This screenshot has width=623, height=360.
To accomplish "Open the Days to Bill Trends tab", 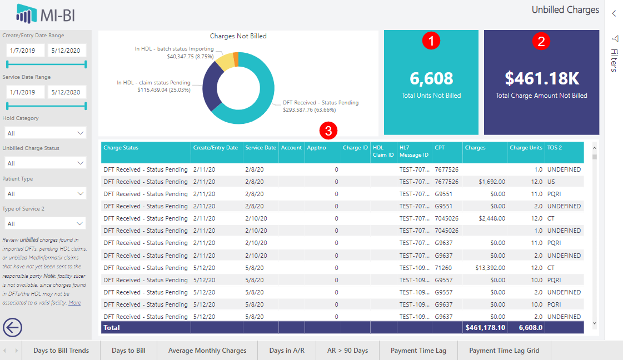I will pyautogui.click(x=61, y=351).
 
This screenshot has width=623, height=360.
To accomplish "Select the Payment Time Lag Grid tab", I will pyautogui.click(x=504, y=351).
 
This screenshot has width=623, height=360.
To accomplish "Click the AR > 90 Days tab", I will pyautogui.click(x=347, y=351).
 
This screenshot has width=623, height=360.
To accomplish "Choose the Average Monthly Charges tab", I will pyautogui.click(x=207, y=351).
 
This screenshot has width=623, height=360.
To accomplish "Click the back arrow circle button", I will pyautogui.click(x=12, y=327).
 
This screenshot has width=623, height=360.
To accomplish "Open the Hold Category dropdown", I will pyautogui.click(x=44, y=133).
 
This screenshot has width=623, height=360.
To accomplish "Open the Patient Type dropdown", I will pyautogui.click(x=44, y=194).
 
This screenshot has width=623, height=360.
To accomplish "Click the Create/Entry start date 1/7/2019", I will pyautogui.click(x=25, y=51).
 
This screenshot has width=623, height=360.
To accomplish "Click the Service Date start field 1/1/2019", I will pyautogui.click(x=25, y=92).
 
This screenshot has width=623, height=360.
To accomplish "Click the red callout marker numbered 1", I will pyautogui.click(x=431, y=40).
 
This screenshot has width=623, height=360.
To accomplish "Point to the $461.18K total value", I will pyautogui.click(x=541, y=78).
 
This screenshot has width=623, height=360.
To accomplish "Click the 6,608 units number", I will pyautogui.click(x=431, y=78).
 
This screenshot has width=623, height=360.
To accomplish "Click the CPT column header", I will pyautogui.click(x=440, y=148).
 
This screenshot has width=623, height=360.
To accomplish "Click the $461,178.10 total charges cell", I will pyautogui.click(x=485, y=328).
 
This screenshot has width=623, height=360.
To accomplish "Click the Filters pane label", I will pyautogui.click(x=614, y=60).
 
